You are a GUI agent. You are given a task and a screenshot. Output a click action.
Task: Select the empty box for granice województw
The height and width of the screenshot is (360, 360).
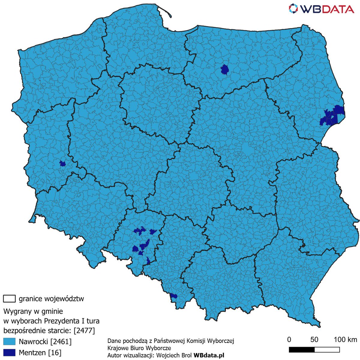tap(9, 299)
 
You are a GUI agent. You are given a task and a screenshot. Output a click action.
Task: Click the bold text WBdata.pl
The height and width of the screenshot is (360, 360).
tap(209, 355)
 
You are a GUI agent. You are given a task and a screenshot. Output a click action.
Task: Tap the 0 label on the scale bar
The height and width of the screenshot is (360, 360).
tap(289, 340)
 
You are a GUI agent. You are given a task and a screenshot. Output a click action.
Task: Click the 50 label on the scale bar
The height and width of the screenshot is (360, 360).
tap(314, 340)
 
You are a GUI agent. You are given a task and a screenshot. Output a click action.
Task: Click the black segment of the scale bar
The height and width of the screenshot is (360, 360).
tap(301, 350)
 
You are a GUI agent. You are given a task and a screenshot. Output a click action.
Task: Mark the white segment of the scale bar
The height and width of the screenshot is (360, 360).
tap(327, 350)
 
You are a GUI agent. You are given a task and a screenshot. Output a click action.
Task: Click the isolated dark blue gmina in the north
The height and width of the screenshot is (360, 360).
tap(225, 70)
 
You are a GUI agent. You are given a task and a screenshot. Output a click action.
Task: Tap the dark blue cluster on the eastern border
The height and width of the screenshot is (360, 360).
tap(332, 116)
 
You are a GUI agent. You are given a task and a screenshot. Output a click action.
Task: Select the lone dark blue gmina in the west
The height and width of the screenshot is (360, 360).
tap(62, 163)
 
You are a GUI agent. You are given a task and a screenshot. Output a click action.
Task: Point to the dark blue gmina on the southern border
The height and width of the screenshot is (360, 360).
tap(173, 296)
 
